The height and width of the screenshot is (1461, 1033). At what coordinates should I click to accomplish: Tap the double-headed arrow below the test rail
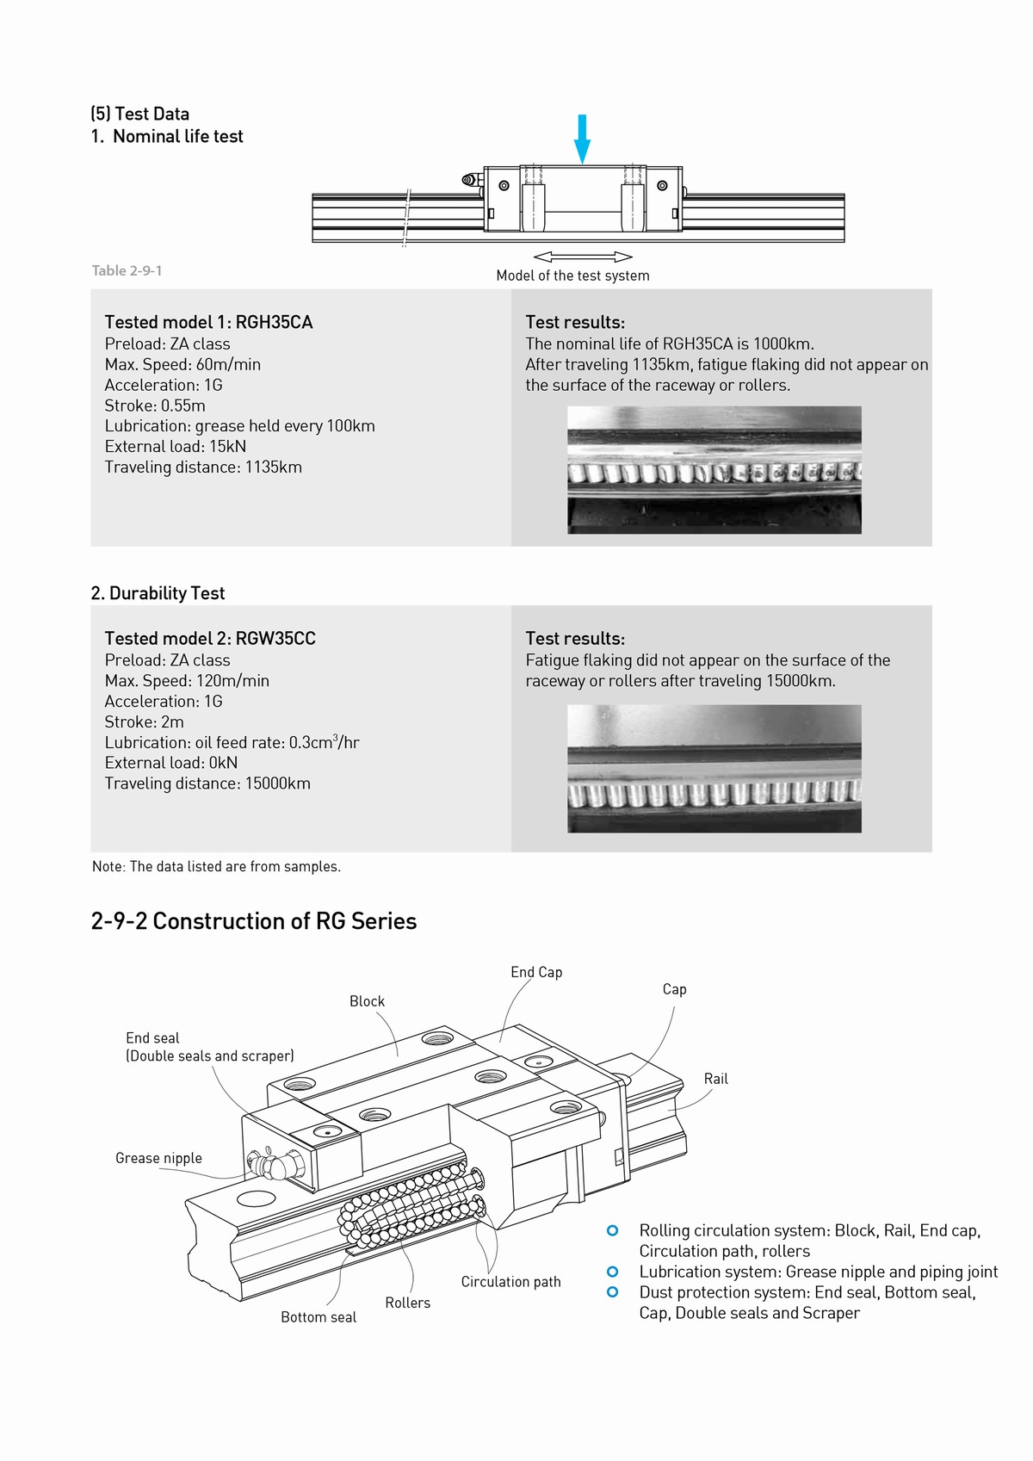pos(583,257)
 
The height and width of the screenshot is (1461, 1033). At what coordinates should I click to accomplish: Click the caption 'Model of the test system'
pos(572,275)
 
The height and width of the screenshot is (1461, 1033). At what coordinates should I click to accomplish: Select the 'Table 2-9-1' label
pos(127,270)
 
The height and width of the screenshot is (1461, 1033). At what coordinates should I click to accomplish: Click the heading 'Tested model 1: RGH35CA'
pos(208,322)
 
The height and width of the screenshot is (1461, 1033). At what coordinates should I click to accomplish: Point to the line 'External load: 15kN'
pos(176,446)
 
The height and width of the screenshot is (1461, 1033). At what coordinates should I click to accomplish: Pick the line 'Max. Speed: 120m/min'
pos(187,680)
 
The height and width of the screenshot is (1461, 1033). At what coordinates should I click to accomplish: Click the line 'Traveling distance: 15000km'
pos(207,783)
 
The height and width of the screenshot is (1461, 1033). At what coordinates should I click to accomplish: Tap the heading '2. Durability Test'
pos(158,593)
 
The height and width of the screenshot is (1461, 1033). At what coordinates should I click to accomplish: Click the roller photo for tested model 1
pos(714,470)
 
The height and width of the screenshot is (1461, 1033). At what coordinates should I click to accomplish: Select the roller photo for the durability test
pos(714,769)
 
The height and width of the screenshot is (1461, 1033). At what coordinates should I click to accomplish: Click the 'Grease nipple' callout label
pos(158,1158)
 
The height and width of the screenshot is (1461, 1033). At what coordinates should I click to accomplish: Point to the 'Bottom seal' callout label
pos(319,1317)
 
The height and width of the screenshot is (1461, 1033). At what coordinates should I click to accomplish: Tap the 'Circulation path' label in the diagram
pos(510,1282)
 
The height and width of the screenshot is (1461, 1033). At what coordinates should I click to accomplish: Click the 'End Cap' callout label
pos(536,972)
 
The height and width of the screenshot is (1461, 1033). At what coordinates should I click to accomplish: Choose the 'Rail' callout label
pos(715,1079)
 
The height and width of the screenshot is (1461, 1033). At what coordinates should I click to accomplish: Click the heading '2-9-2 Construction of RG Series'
pos(254,921)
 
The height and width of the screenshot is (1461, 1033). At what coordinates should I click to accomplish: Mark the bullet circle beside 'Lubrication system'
pos(613,1272)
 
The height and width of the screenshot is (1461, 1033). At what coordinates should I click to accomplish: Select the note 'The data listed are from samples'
pos(216,866)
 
